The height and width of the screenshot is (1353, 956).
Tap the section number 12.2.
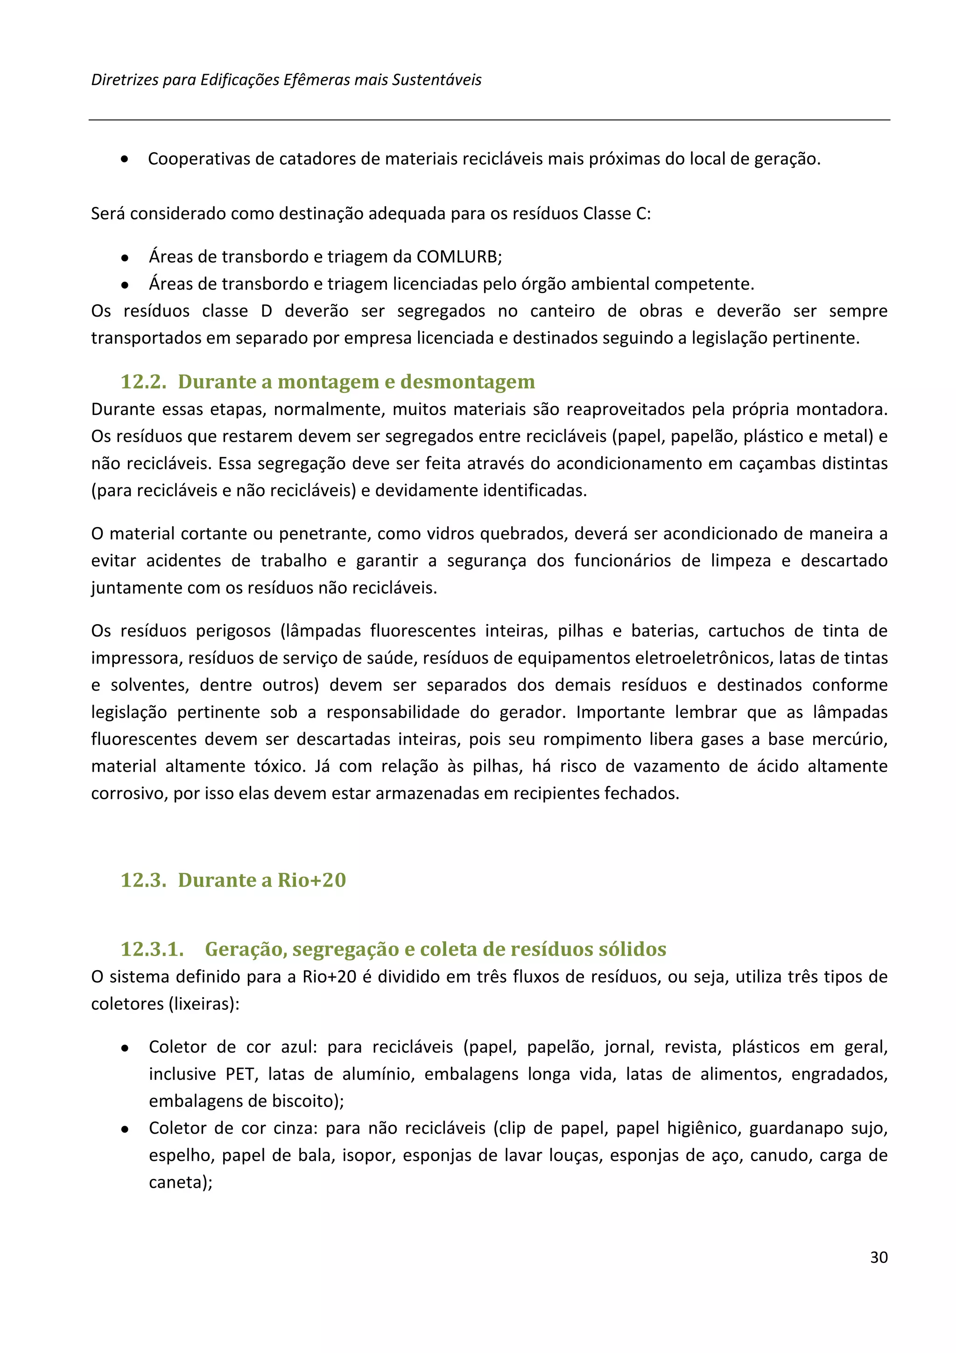pos(143,381)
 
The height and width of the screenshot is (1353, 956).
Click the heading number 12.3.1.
pos(152,949)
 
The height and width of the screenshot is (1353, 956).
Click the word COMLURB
pos(457,256)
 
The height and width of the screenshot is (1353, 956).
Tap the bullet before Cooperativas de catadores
pos(124,159)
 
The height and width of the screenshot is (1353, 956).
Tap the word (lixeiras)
pos(204,1004)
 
